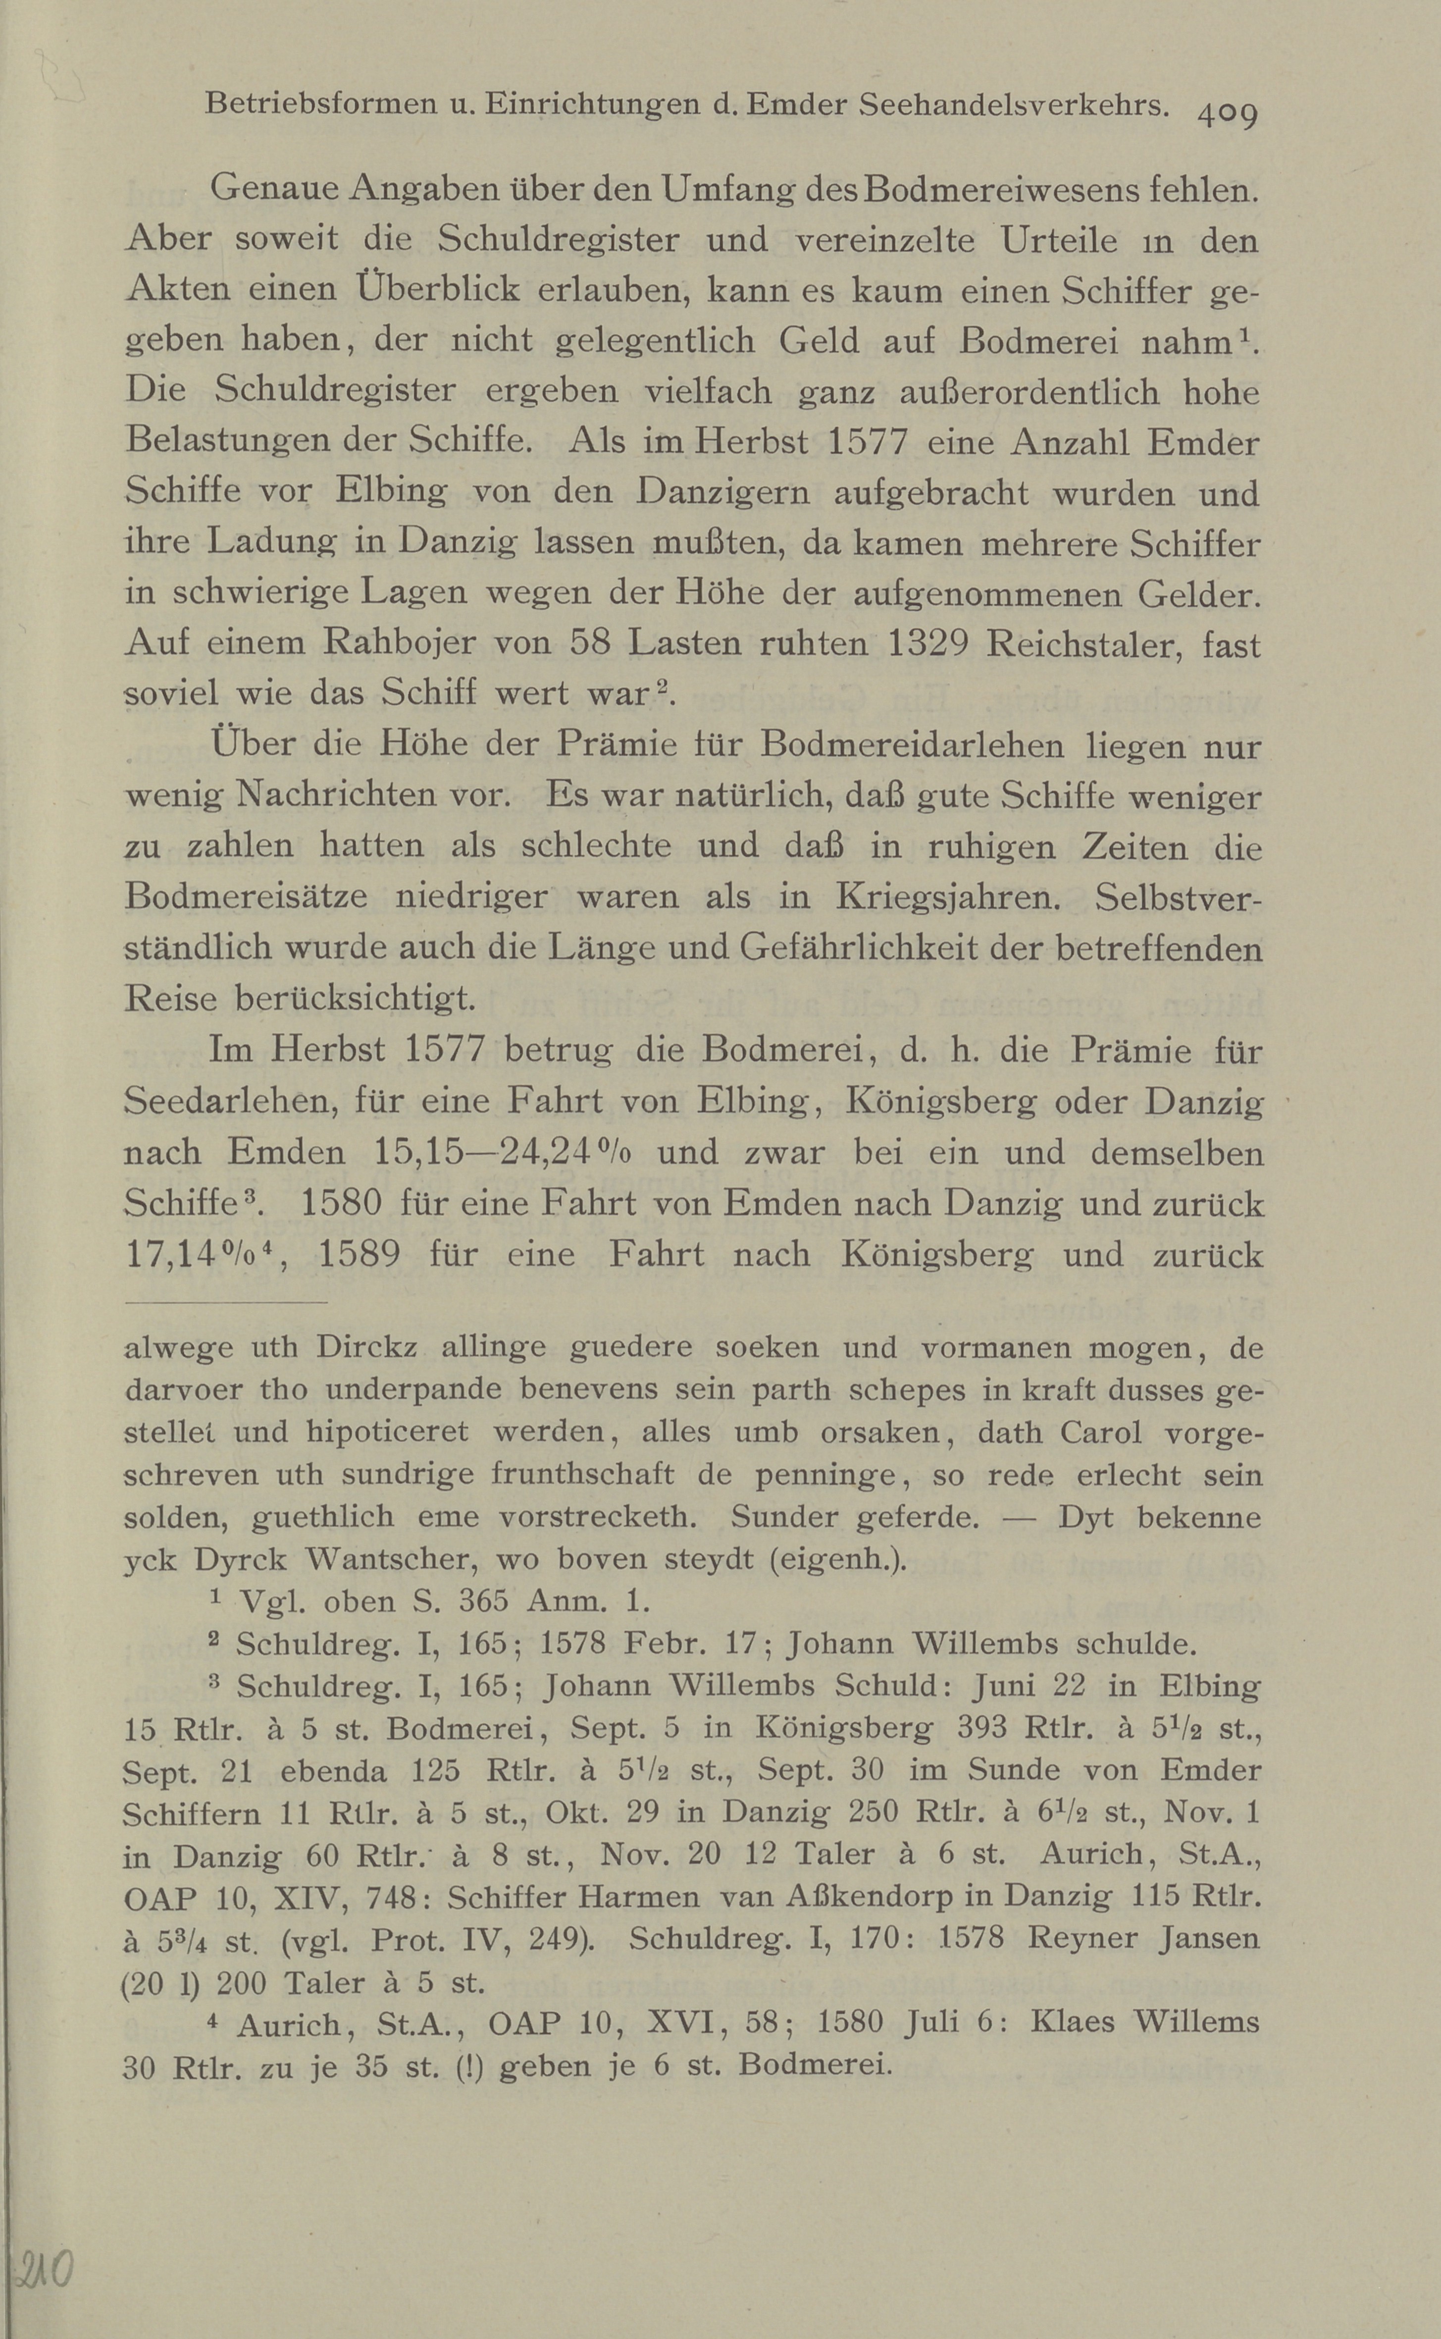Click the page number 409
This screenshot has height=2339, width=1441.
tap(1228, 114)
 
